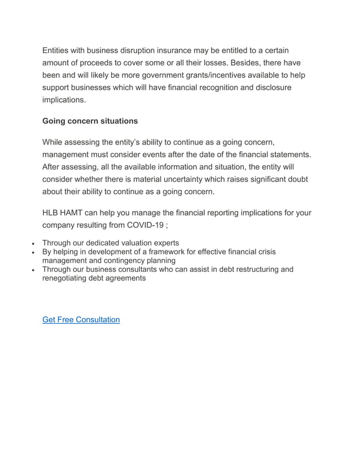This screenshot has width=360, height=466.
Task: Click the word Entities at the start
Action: pos(59,51)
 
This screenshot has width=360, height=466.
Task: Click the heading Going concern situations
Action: pos(90,121)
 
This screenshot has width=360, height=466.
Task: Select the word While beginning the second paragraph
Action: pos(54,142)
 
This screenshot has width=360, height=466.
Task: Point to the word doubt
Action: pos(297,179)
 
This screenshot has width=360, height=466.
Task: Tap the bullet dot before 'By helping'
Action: pos(34,252)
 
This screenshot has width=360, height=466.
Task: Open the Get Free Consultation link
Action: pos(81,319)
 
